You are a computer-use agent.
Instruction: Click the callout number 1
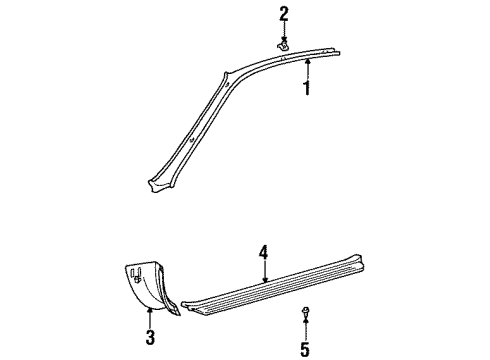(x=308, y=89)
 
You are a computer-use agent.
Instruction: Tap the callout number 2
(x=284, y=13)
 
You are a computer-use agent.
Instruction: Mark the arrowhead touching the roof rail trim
(x=308, y=61)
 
